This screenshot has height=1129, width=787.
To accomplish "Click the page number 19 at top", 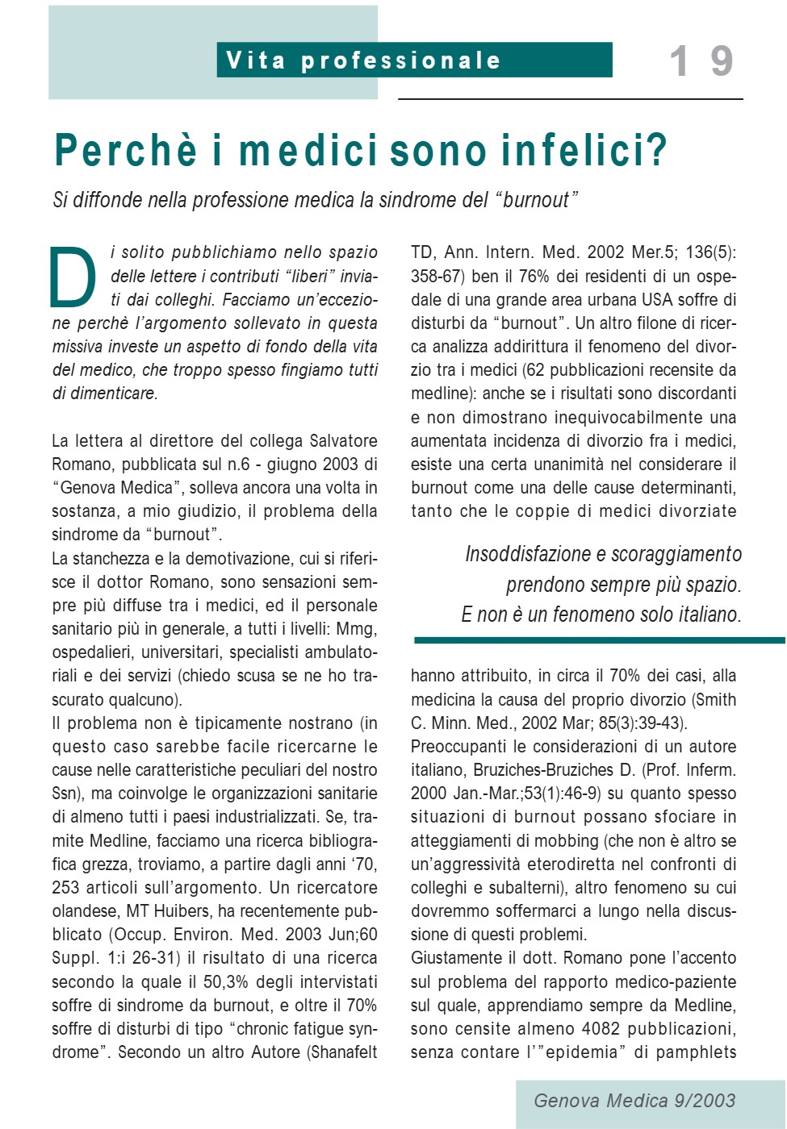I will pyautogui.click(x=701, y=61).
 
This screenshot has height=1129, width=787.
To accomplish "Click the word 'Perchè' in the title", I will pyautogui.click(x=125, y=151).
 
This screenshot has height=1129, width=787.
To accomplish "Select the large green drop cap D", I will pyautogui.click(x=73, y=277).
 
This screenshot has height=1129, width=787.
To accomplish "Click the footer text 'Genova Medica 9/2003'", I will pyautogui.click(x=634, y=1101).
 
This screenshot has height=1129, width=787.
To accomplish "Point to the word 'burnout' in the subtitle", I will pyautogui.click(x=537, y=200).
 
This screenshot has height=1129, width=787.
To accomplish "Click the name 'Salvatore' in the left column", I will pyautogui.click(x=343, y=441).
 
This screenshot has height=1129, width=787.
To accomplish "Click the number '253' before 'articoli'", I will pyautogui.click(x=65, y=888).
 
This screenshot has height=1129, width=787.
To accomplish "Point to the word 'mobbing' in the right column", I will pyautogui.click(x=568, y=841).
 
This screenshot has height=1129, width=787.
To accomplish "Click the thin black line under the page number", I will pyautogui.click(x=570, y=99).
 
